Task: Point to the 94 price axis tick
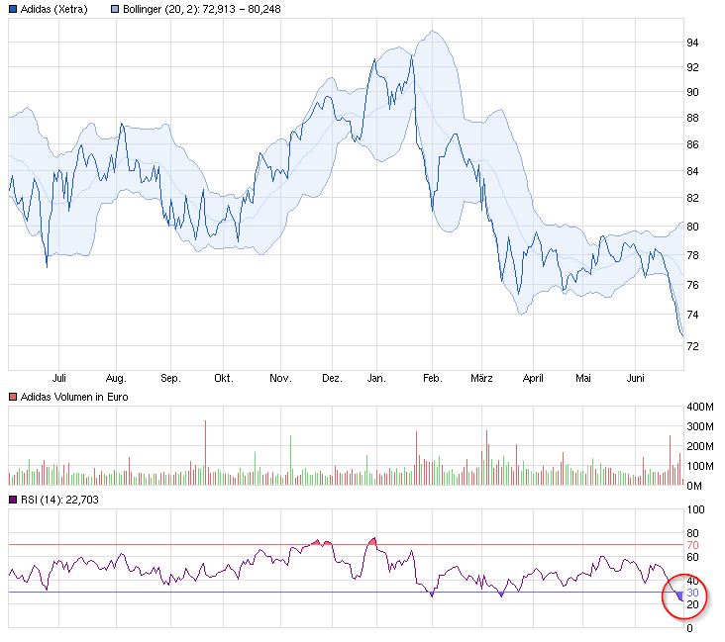[x=693, y=43]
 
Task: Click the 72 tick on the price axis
[x=693, y=346]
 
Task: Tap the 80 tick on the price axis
[x=693, y=227]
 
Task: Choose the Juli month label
[x=58, y=378]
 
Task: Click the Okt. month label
[x=224, y=378]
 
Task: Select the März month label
[x=482, y=378]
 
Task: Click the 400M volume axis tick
[x=700, y=407]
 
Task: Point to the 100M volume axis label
[x=700, y=466]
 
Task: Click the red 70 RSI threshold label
[x=694, y=545]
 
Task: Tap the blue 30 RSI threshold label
[x=694, y=593]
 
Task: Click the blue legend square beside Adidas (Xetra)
[x=11, y=9]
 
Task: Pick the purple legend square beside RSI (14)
[x=11, y=500]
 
